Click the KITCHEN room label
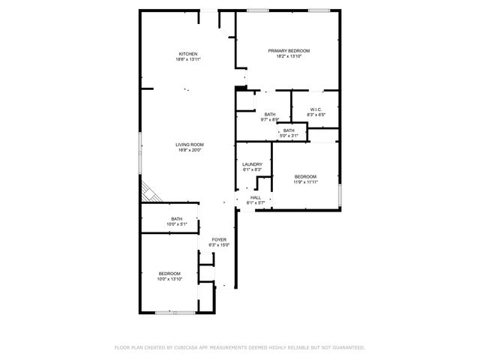pos(187,53)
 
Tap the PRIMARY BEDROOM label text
pos(289,50)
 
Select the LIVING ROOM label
pos(190,144)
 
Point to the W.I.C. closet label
pos(316,110)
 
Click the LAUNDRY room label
pos(252,164)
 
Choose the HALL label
pos(256,197)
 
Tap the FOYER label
pos(218,239)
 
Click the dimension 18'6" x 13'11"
pos(187,58)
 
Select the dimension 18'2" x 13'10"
pos(289,56)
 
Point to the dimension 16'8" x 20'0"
pos(190,150)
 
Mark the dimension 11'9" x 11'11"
pos(305,182)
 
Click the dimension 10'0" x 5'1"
pos(176,223)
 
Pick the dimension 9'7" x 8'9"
pos(269,120)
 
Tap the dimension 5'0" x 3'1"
pos(289,136)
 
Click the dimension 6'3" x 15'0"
pos(218,245)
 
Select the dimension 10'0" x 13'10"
pos(169,279)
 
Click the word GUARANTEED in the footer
pos(347,347)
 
